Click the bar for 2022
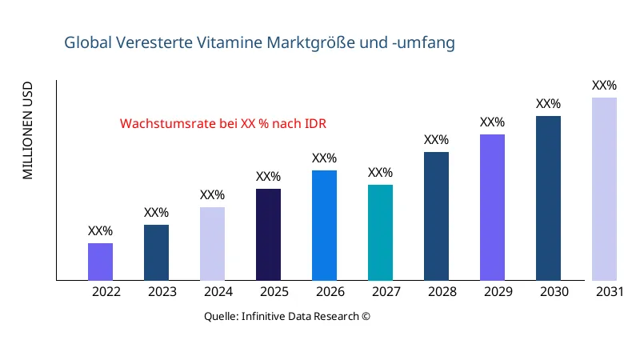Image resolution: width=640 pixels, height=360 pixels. [x=100, y=262]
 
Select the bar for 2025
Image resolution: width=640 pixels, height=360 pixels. [x=268, y=234]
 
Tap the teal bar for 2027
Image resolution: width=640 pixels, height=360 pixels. [x=380, y=233]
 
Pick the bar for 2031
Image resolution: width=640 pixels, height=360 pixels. [x=604, y=189]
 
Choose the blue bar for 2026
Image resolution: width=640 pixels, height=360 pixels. [x=324, y=226]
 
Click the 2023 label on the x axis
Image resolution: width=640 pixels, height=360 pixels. [x=162, y=292]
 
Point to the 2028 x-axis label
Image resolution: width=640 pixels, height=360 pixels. [x=442, y=292]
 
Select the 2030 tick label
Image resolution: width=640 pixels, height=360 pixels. [x=554, y=292]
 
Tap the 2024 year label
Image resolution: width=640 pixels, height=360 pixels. [x=218, y=292]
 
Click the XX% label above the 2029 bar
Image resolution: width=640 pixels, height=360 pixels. [x=492, y=122]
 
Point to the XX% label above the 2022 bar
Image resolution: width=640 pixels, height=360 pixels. [x=100, y=231]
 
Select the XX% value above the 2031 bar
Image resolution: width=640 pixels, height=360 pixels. [x=604, y=86]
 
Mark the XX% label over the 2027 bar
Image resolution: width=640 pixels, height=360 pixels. [x=380, y=173]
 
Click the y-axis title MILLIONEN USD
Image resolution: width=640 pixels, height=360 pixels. [x=28, y=130]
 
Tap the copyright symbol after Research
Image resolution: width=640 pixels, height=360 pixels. [x=366, y=316]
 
